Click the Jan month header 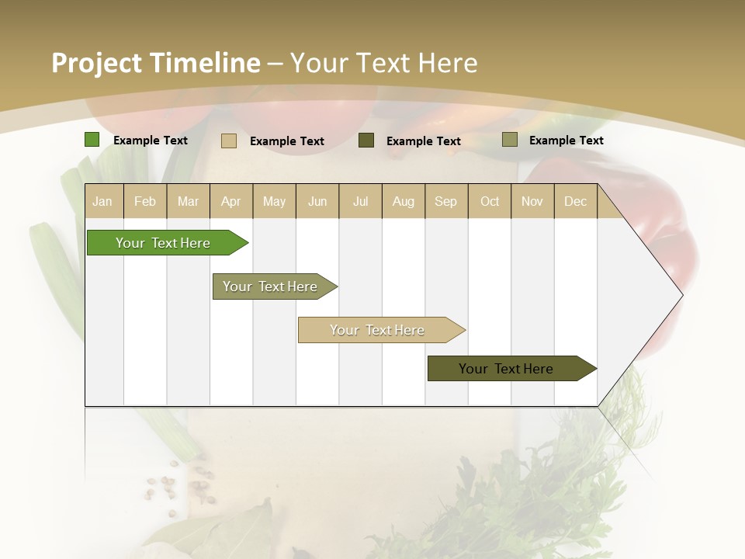[102, 201]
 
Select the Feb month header [145, 201]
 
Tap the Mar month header [188, 201]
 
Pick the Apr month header [231, 201]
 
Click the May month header [274, 201]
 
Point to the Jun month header [317, 201]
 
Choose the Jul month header [360, 201]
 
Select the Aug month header [404, 201]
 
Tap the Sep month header [446, 201]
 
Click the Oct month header [490, 201]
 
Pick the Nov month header [532, 201]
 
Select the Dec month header [576, 201]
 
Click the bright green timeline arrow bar [163, 243]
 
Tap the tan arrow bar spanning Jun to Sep [377, 330]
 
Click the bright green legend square [92, 140]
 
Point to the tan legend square [229, 141]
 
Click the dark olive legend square [366, 140]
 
